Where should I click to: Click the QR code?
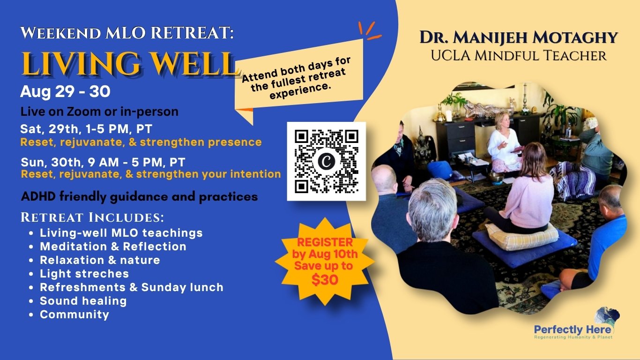point(326,161)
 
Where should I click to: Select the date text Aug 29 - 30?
point(65,92)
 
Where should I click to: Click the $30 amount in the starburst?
point(325,280)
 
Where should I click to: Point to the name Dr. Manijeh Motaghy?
point(519,37)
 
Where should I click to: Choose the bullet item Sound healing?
point(83,301)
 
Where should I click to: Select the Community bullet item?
point(74,315)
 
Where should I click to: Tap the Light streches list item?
point(84,274)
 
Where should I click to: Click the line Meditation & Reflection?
point(113,247)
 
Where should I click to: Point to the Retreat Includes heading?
point(92,217)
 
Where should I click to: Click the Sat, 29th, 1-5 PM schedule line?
point(86,129)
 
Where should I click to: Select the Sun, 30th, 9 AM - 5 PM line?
point(103,162)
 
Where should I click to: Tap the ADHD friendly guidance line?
point(140,197)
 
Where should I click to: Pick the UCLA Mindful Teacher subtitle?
point(519,56)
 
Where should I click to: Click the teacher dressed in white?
point(504,144)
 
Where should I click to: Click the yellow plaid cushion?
point(522,235)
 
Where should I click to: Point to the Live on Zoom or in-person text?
point(99,112)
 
